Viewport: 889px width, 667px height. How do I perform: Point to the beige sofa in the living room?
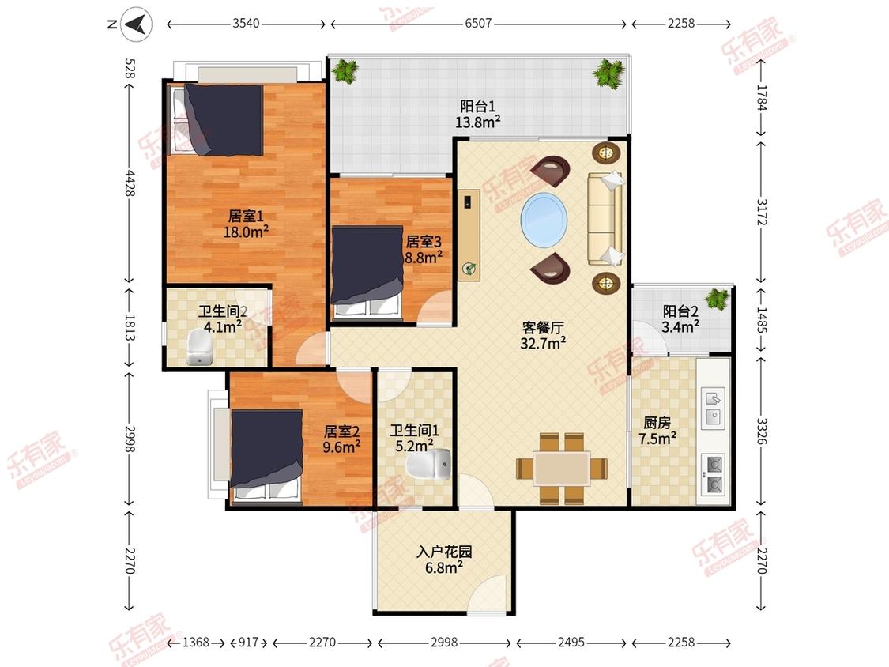point(605,218)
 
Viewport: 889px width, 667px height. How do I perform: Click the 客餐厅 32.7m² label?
point(544,334)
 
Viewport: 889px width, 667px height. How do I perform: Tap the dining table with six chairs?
point(562,468)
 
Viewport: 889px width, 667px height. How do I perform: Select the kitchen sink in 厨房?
point(713,407)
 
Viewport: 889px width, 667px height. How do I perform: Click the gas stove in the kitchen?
point(714,473)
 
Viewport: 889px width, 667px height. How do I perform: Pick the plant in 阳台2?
point(717,299)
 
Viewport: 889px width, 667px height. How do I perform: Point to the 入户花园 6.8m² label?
point(443,560)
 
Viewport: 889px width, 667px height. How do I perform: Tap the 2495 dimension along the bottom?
point(571,643)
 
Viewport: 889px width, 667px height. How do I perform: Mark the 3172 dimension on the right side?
point(760,212)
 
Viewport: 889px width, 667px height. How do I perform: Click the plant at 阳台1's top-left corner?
point(344,72)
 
